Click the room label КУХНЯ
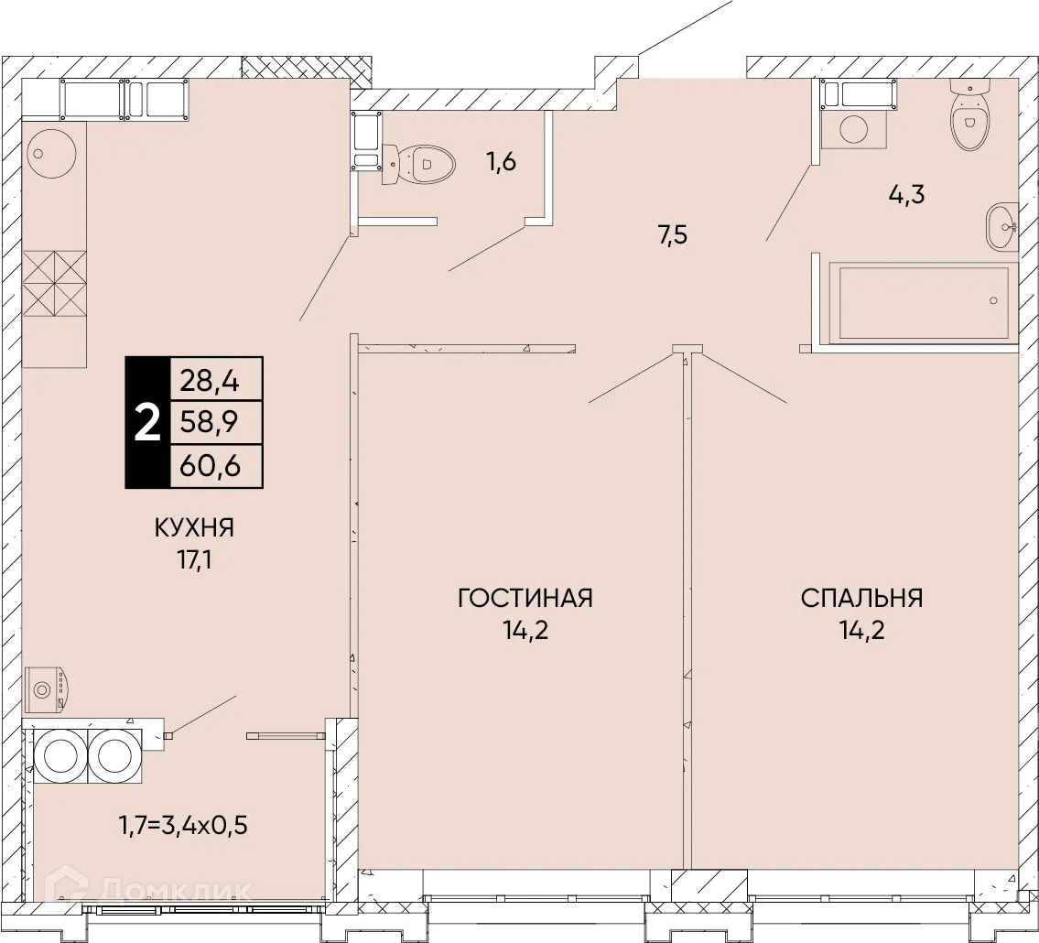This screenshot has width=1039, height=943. tap(194, 528)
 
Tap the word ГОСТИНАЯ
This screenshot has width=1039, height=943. tap(525, 598)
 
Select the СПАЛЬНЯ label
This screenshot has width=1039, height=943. tap(861, 598)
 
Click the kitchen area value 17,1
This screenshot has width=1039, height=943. tap(194, 561)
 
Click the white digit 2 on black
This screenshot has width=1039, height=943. tap(147, 423)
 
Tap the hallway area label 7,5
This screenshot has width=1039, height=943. tap(673, 235)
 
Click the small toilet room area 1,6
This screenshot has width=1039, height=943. tap(502, 162)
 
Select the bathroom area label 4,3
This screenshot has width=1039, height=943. tap(906, 195)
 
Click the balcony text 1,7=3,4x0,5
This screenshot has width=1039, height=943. tap(184, 826)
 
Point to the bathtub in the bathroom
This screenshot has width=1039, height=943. tap(924, 304)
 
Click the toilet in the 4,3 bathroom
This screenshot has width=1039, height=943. tap(969, 113)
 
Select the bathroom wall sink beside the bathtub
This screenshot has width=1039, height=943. tap(1001, 227)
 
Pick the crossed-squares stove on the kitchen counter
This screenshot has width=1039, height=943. tap(55, 284)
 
